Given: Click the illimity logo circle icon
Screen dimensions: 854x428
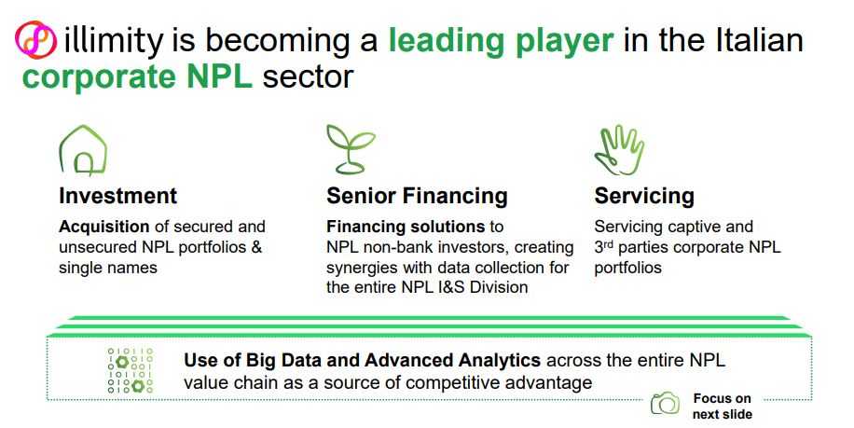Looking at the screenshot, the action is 35,40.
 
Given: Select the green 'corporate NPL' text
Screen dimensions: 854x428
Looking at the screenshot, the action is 137,76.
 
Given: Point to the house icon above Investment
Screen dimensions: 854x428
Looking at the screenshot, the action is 83,150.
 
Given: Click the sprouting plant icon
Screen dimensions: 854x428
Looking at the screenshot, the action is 351,149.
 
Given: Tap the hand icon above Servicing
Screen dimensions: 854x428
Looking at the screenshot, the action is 619,151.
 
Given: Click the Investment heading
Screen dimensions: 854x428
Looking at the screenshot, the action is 118,196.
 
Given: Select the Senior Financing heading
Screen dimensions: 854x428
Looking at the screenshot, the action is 417,196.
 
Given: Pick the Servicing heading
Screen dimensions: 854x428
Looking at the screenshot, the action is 644,196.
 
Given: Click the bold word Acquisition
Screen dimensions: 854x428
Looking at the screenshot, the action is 104,228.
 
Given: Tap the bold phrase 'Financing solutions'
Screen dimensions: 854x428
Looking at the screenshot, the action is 406,227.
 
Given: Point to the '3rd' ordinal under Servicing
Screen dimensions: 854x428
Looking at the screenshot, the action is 604,247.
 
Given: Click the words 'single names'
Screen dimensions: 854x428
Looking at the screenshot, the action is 108,268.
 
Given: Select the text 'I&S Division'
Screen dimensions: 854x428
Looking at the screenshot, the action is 483,287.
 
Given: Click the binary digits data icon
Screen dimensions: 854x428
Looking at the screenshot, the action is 131,371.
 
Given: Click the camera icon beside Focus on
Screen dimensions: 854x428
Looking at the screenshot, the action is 665,404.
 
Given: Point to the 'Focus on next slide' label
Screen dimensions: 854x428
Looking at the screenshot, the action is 723,407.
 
